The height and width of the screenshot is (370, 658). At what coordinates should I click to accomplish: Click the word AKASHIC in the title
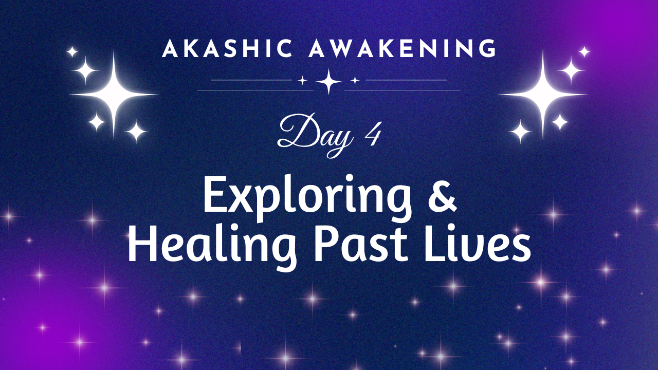227,48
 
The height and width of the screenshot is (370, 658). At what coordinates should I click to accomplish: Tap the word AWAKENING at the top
403,48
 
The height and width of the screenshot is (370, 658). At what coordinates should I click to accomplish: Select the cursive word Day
315,135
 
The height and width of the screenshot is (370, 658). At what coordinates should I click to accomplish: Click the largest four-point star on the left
114,95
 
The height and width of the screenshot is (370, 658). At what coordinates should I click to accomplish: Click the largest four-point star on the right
543,95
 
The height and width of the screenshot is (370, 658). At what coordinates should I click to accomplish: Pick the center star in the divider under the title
328,81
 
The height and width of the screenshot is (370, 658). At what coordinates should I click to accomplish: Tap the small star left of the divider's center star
302,80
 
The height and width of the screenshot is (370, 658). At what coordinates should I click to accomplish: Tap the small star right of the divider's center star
355,80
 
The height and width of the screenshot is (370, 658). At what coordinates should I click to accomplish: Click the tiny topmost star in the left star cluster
72,52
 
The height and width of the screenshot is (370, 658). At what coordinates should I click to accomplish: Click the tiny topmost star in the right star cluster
584,52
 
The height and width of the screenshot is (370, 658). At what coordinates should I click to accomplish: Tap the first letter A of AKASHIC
170,48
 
